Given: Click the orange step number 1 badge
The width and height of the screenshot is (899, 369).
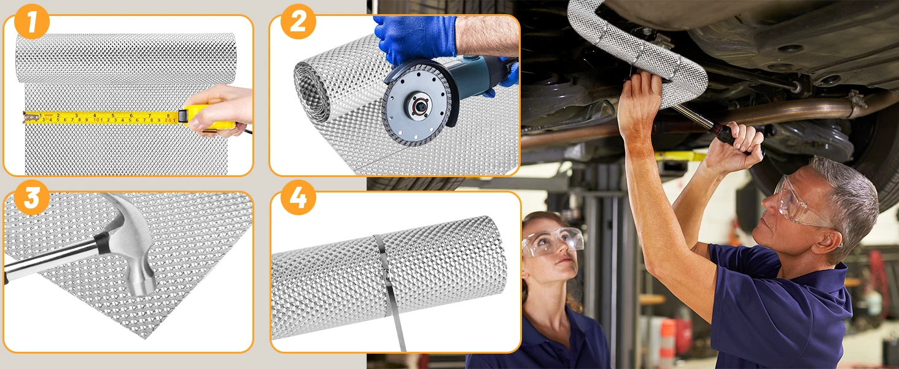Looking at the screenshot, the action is point(32,22).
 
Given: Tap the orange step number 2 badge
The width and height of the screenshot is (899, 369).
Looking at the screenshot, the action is point(298,22).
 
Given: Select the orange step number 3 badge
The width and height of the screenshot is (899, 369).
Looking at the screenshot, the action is point(32,197).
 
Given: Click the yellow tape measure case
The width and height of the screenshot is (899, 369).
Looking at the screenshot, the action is point(201,117).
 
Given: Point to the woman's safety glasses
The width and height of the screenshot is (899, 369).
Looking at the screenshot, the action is point(553,241).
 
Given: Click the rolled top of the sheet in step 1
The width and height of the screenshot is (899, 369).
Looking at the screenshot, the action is point(126,58).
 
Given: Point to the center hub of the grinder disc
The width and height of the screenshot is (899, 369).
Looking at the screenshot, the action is point(419,106).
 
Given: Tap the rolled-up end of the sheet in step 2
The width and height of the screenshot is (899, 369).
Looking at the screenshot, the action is point(312,92).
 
